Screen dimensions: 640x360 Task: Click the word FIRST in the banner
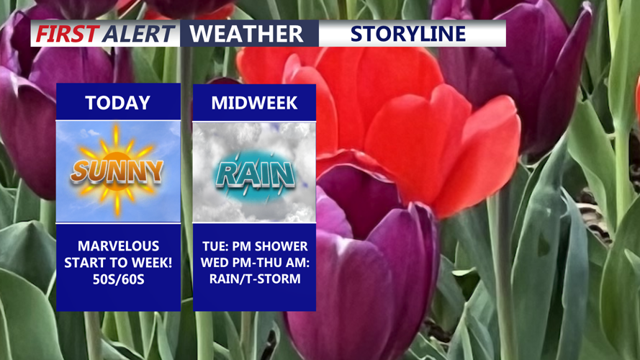click(68, 33)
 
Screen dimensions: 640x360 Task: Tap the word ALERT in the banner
click(139, 33)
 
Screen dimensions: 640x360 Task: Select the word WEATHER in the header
click(246, 33)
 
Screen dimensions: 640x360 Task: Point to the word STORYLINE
click(408, 33)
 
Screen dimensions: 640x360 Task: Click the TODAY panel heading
click(118, 103)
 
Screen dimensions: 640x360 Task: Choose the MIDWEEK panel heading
click(254, 103)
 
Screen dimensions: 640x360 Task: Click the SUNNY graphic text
click(117, 171)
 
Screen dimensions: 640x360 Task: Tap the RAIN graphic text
click(256, 175)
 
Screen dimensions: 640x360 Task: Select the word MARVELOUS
click(118, 246)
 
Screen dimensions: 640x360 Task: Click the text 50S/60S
click(118, 279)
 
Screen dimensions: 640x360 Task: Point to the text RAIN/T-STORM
click(255, 279)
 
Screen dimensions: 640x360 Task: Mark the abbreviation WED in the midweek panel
click(212, 263)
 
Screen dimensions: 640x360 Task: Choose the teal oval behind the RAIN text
click(255, 176)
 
